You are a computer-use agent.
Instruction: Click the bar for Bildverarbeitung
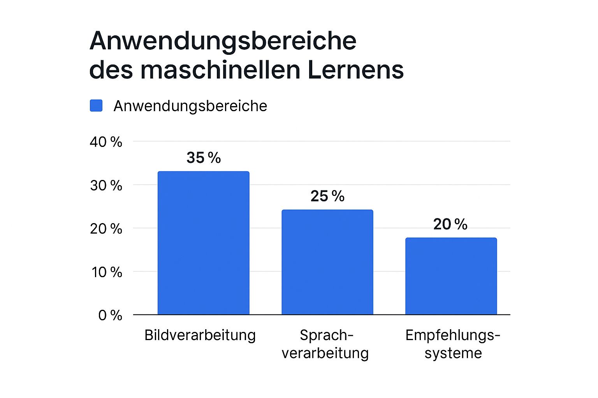(203, 243)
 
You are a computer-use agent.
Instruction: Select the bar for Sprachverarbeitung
(327, 262)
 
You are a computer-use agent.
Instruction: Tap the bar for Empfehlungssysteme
(451, 276)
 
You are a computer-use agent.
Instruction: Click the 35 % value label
(203, 158)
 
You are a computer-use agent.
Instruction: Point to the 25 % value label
(327, 196)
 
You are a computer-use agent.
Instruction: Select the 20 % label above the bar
(450, 224)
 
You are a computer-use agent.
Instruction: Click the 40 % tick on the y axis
(106, 142)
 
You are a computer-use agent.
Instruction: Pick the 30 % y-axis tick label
(106, 186)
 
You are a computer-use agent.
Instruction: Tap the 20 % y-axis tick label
(106, 229)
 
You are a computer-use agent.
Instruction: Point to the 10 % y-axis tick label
(107, 272)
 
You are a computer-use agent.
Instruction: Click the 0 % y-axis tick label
(110, 316)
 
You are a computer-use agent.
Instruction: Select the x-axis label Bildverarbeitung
(200, 335)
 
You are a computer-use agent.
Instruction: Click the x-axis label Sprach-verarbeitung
(325, 344)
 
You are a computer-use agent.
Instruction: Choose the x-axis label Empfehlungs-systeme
(452, 344)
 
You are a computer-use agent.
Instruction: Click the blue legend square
(96, 106)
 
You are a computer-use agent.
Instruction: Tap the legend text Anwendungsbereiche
(190, 106)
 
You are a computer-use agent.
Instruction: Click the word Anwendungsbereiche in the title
(223, 41)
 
